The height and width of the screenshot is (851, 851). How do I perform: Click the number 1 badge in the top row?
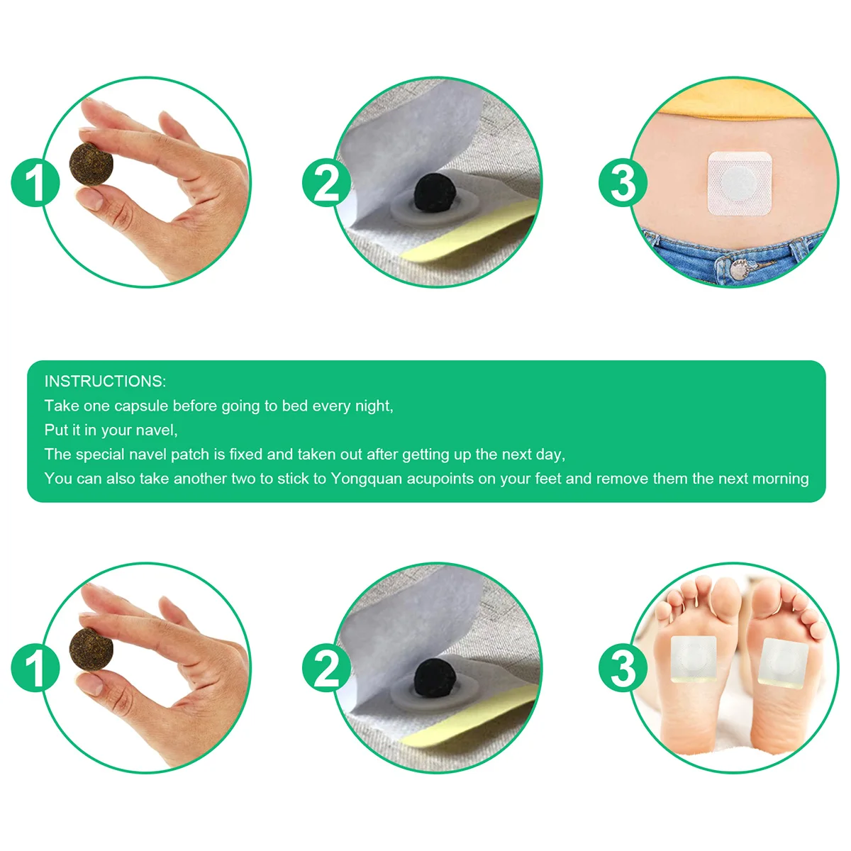coord(35,182)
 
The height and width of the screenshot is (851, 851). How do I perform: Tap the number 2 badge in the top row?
coord(326,182)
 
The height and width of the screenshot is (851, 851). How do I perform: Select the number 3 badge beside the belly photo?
coord(623,182)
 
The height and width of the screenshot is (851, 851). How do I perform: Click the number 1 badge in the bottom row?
coord(35,667)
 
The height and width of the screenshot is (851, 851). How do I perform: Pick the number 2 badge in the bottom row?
coord(326,667)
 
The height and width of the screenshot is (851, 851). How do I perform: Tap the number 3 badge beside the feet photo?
coord(623,667)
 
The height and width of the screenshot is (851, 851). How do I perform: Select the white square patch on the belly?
coord(740,183)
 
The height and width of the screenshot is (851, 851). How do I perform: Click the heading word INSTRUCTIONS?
coord(105,382)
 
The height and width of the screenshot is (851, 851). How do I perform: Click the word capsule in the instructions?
coord(141,406)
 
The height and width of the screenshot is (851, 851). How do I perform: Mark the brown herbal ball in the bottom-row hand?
coord(91,649)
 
